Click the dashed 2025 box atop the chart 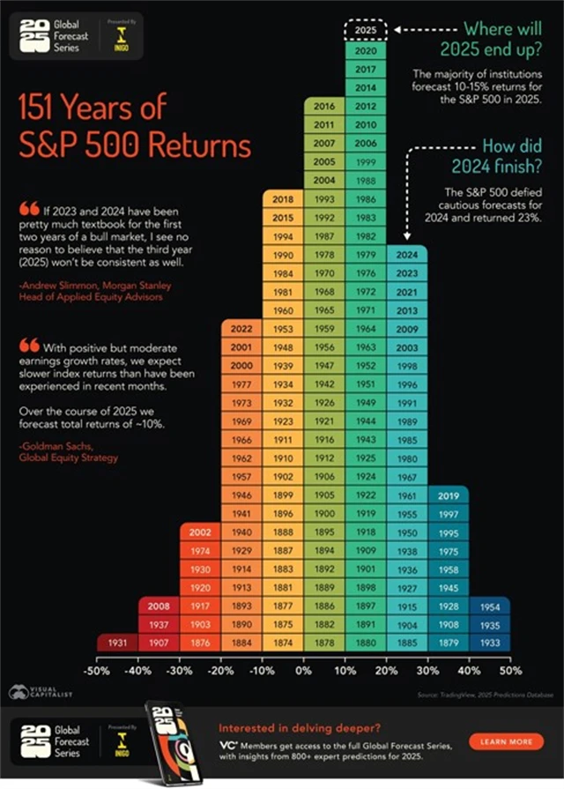[x=365, y=30]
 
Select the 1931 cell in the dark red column [x=117, y=644]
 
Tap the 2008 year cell [x=159, y=607]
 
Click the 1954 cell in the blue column [x=489, y=607]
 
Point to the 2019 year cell [x=448, y=495]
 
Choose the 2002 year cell [x=200, y=532]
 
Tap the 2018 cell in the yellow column [x=283, y=200]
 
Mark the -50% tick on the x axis [x=96, y=670]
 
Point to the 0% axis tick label [x=303, y=670]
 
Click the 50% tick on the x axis [x=510, y=670]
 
